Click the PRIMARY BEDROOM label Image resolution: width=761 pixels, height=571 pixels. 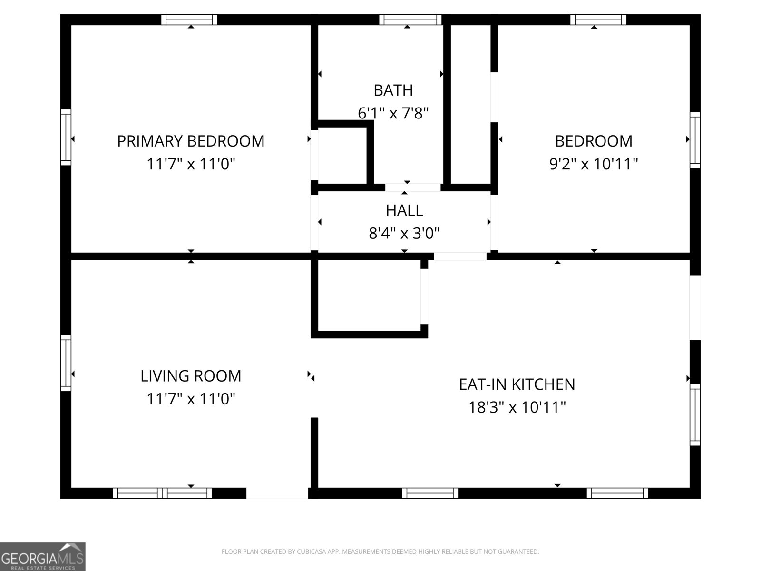(x=191, y=141)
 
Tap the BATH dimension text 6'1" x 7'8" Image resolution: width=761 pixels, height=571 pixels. (x=393, y=113)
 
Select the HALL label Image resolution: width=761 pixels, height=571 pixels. (x=404, y=210)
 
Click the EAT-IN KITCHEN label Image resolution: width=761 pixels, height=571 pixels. (x=517, y=384)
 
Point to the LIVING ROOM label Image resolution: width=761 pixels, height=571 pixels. (x=191, y=376)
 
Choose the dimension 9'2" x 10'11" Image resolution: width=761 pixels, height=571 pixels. (x=594, y=164)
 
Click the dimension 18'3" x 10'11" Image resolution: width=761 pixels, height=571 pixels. (x=517, y=407)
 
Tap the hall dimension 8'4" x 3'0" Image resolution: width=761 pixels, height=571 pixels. (x=404, y=233)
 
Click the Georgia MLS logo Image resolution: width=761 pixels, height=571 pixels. (x=42, y=556)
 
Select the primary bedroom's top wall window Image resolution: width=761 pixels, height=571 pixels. (x=189, y=20)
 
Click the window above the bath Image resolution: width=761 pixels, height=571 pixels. (x=410, y=20)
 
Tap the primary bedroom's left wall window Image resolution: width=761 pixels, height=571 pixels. (x=66, y=138)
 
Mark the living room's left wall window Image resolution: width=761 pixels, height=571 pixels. (x=66, y=363)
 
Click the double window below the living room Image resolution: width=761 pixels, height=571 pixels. (x=162, y=493)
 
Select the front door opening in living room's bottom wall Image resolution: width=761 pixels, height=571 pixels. (x=277, y=493)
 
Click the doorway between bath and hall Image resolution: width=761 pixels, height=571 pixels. (x=413, y=187)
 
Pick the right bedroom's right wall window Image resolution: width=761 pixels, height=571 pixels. (x=695, y=140)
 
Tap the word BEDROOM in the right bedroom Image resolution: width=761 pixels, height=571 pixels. (x=594, y=141)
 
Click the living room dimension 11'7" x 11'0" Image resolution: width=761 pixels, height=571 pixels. (x=191, y=399)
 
